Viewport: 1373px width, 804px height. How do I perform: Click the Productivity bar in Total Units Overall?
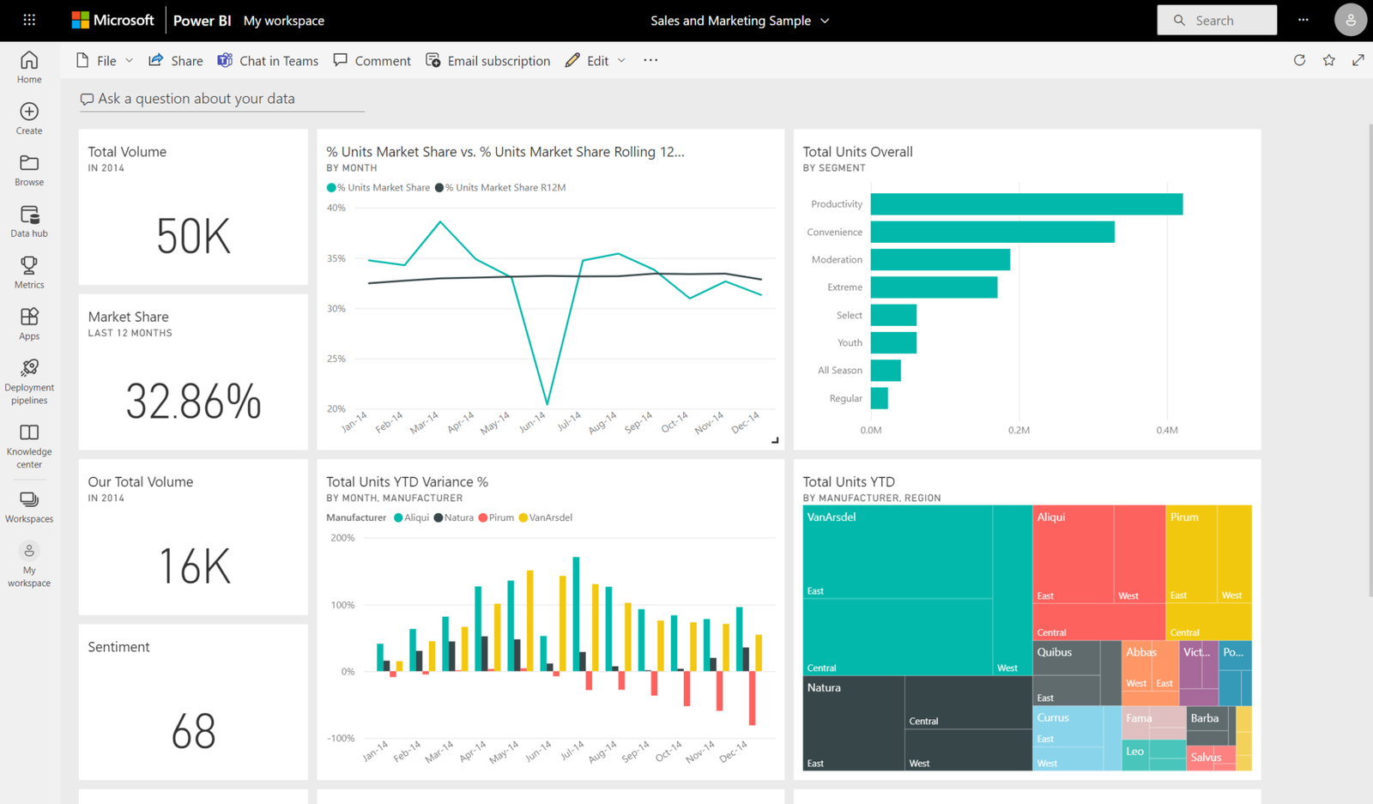(x=1025, y=204)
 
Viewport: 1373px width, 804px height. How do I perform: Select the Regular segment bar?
(x=879, y=398)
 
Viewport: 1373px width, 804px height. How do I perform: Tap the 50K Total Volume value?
(x=193, y=236)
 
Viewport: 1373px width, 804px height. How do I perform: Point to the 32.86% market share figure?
(x=193, y=401)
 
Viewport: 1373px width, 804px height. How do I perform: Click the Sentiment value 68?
(x=193, y=731)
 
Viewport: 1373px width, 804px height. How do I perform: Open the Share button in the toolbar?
(x=176, y=61)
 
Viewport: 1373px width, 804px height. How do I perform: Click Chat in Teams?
(x=268, y=61)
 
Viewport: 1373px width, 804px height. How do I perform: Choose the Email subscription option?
(x=488, y=61)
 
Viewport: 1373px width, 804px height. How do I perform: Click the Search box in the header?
(x=1217, y=21)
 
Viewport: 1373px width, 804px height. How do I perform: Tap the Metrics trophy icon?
(x=29, y=266)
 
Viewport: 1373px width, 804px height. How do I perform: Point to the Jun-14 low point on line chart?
(x=547, y=403)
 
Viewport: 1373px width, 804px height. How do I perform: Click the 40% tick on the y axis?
(x=336, y=208)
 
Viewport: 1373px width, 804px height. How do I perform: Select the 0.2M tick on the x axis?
(x=1019, y=430)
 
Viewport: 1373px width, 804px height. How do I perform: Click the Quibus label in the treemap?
(x=1054, y=652)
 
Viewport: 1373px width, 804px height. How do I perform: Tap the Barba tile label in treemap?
(x=1204, y=718)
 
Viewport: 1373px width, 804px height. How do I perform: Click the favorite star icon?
(x=1328, y=60)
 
